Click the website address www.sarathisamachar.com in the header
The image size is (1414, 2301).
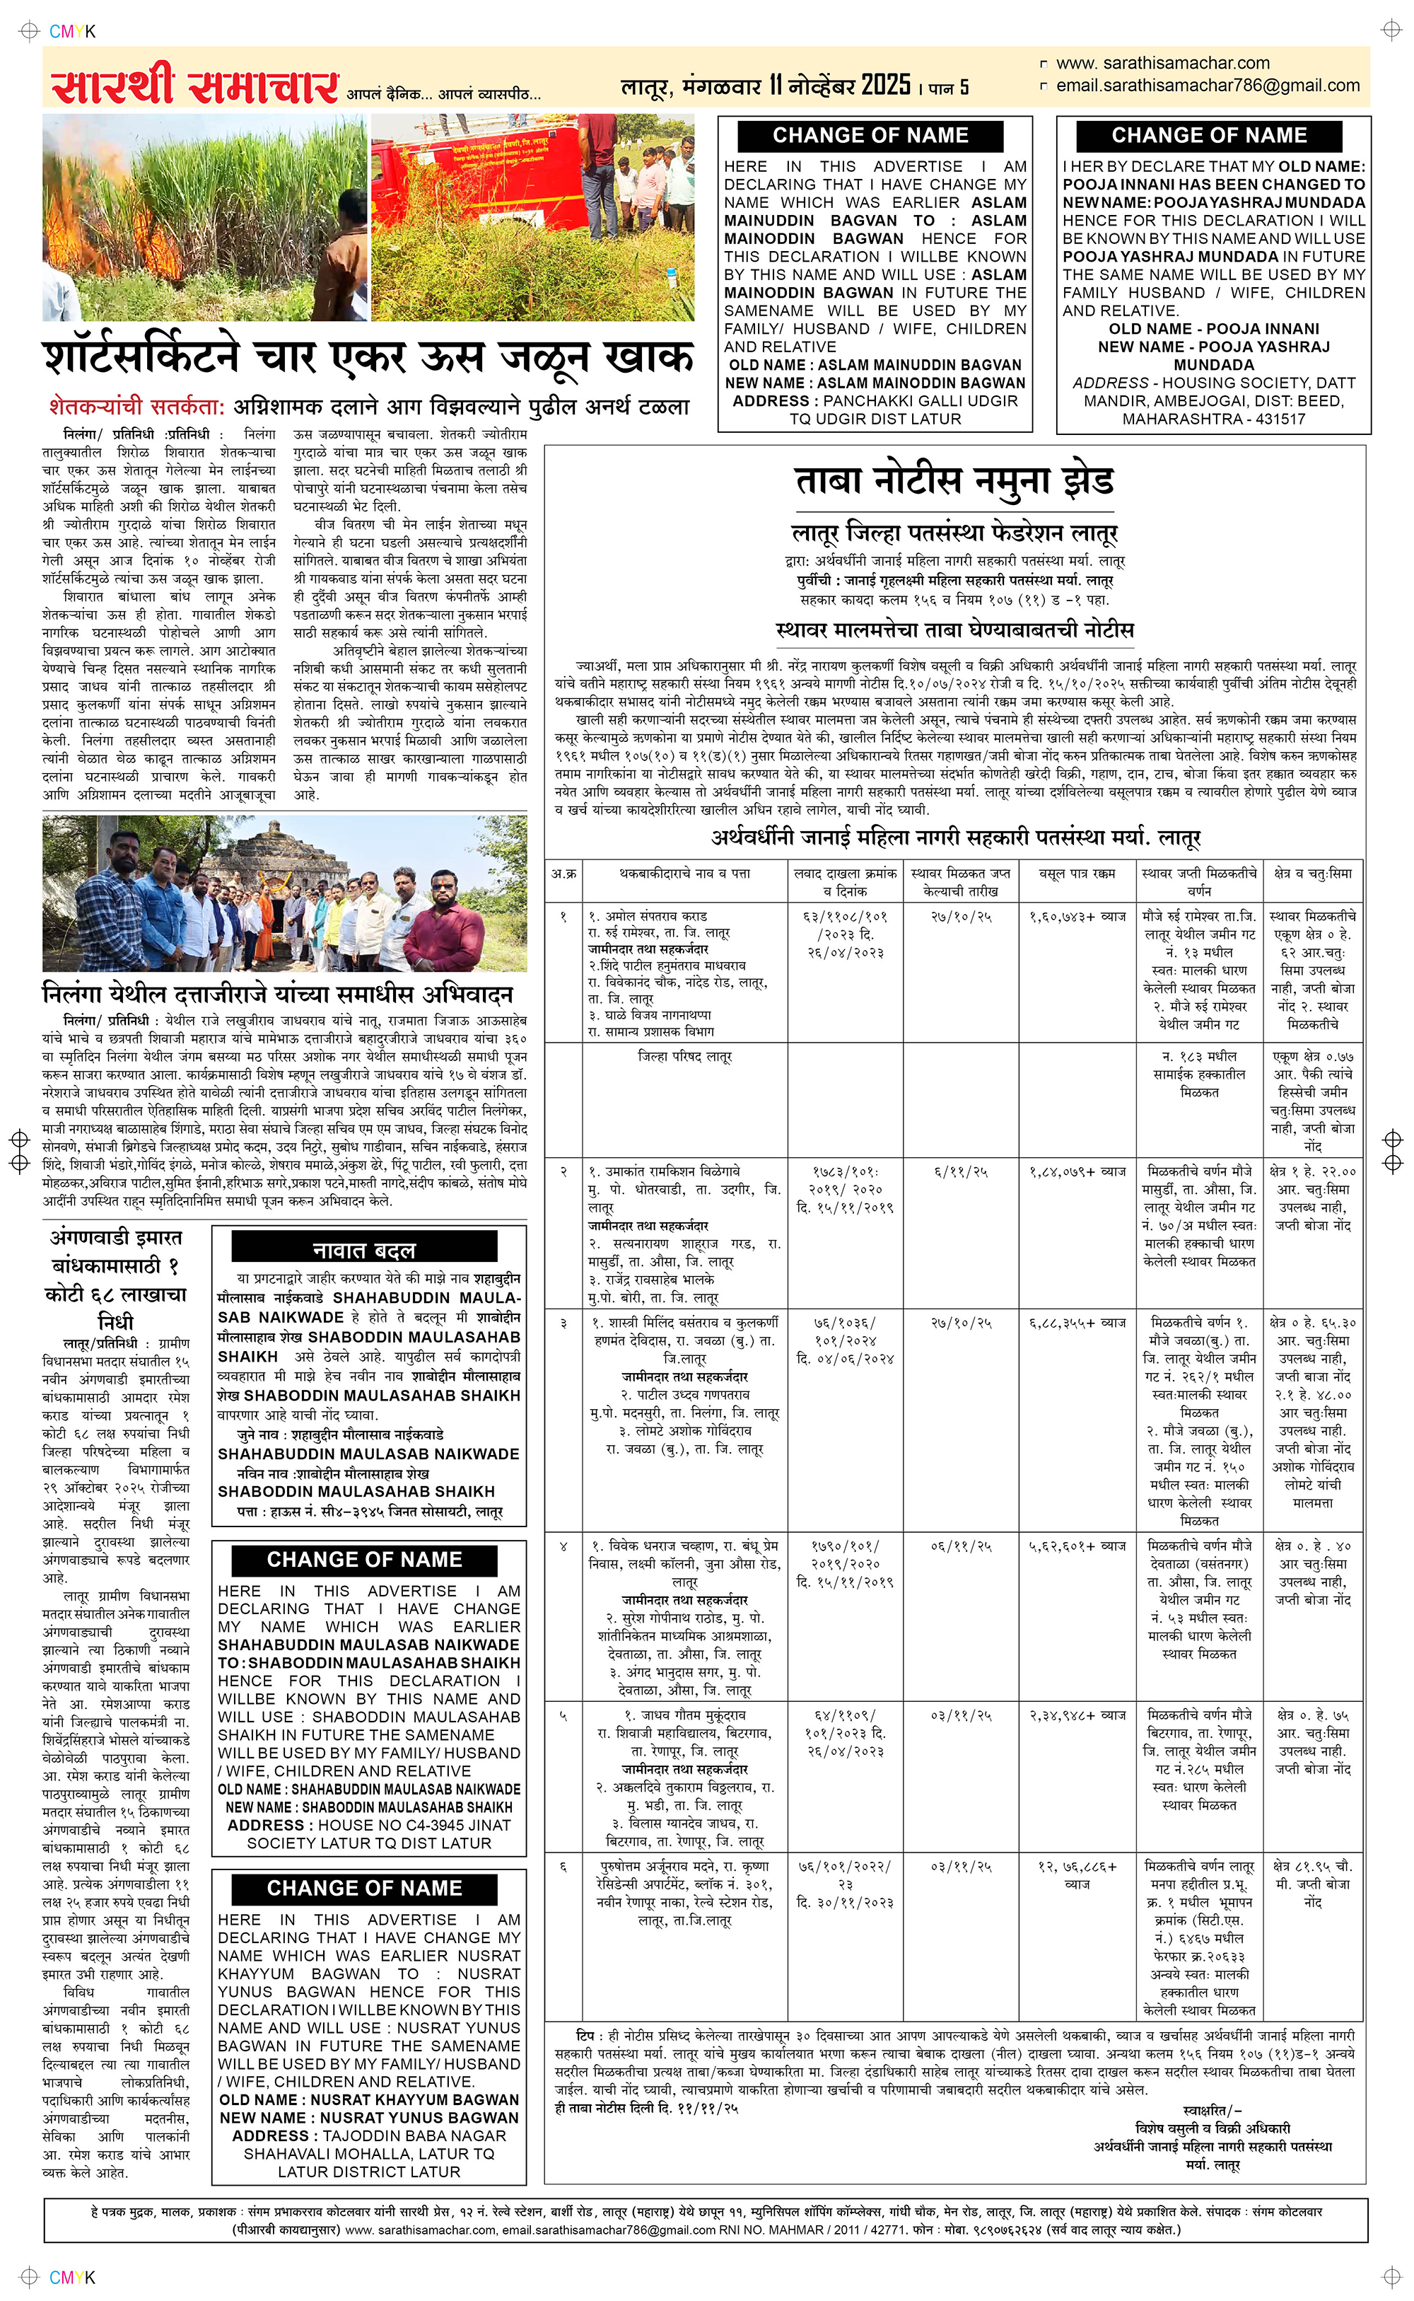1162,64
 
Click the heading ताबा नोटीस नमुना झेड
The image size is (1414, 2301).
954,481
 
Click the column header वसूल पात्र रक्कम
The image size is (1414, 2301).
1077,874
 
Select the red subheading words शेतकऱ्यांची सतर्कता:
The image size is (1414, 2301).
136,407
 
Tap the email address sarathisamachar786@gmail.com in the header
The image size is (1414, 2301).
1208,86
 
